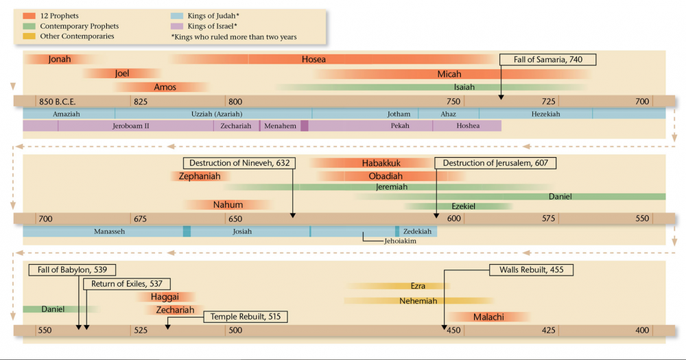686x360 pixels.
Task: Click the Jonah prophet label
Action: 60,60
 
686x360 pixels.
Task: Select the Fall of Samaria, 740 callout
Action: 547,60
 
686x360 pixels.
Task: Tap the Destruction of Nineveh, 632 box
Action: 240,163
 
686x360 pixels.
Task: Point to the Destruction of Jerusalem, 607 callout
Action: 495,163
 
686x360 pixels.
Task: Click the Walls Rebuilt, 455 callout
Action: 531,269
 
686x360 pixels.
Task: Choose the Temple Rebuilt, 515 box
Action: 245,316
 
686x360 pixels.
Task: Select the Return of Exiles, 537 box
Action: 126,284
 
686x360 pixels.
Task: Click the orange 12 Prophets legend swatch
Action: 29,15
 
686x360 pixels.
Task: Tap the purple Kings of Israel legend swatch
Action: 177,25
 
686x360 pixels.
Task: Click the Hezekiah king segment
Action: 545,114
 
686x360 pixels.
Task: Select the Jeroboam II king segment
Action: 130,126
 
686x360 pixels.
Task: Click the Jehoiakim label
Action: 401,241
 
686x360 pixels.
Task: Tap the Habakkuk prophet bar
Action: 381,163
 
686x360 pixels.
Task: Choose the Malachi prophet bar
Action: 488,317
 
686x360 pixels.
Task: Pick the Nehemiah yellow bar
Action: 418,301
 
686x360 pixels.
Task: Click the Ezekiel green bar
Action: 463,206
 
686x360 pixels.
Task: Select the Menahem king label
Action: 280,126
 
